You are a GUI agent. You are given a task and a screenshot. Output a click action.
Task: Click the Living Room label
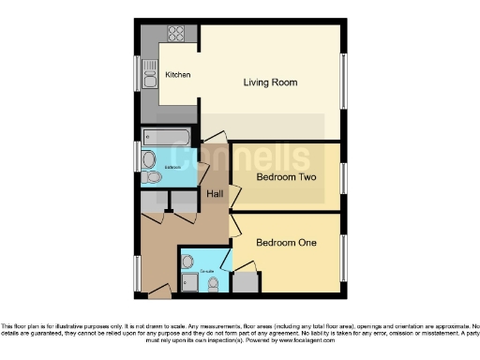[270, 82]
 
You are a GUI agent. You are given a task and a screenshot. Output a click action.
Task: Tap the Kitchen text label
[178, 75]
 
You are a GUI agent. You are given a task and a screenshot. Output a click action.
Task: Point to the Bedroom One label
[285, 243]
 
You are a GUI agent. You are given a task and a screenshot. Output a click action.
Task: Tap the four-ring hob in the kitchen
[175, 33]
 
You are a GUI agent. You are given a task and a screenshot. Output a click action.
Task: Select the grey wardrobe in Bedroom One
[246, 278]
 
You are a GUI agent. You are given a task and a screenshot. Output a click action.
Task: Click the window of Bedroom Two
[342, 175]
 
